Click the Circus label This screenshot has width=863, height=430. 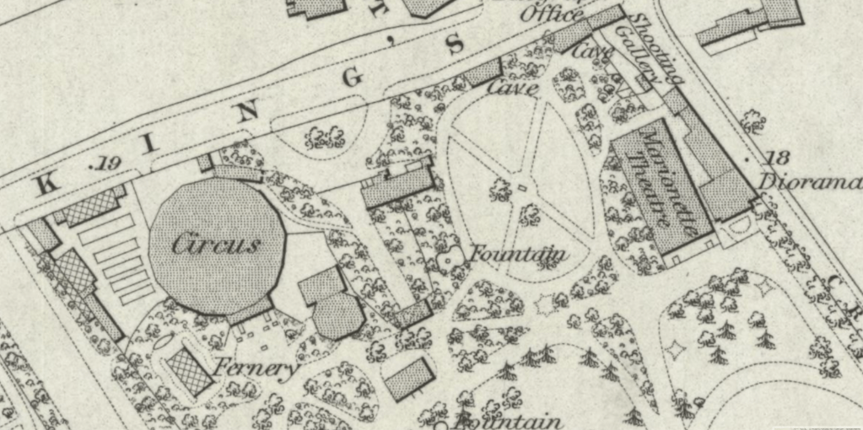coord(216,245)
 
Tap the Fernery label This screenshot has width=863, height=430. coord(255,368)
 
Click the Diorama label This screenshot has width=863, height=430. coord(809,182)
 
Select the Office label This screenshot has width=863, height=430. coord(552,15)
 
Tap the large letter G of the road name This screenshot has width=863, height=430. coord(353,77)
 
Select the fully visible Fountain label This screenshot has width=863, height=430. coord(518,253)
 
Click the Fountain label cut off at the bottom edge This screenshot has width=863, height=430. coord(508,421)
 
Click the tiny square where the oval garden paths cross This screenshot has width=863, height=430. coord(521,187)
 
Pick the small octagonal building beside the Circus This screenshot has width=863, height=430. coord(338,316)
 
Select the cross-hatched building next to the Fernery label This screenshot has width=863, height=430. coord(190,371)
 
